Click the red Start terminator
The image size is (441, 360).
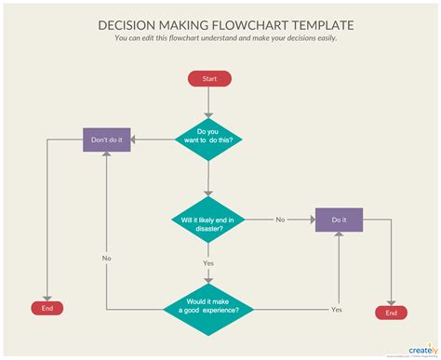click(209, 79)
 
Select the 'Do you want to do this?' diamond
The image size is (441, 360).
click(209, 140)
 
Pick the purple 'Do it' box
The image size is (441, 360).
click(339, 220)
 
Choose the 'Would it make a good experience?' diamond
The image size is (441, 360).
click(209, 308)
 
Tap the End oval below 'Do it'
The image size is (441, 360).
click(391, 313)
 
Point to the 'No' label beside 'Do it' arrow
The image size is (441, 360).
click(280, 220)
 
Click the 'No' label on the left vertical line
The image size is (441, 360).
click(107, 258)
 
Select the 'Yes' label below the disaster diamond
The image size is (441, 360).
click(209, 263)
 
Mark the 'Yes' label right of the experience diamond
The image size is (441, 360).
click(337, 309)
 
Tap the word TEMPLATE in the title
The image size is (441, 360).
click(321, 26)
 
